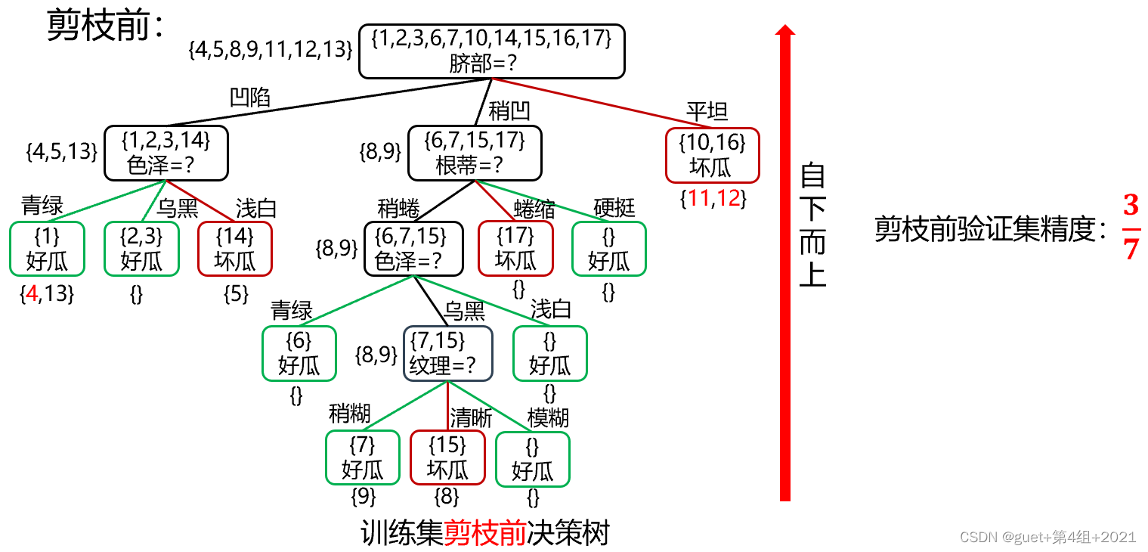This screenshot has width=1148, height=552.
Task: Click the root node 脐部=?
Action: click(x=491, y=51)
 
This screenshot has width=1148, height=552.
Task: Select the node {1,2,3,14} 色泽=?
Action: click(x=166, y=153)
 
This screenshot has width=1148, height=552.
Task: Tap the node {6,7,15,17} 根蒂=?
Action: click(x=475, y=153)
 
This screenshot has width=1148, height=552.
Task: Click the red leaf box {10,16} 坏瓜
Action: click(x=712, y=155)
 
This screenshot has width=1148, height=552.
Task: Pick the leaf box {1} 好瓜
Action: click(x=47, y=249)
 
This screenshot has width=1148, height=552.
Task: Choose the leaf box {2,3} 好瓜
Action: click(x=141, y=249)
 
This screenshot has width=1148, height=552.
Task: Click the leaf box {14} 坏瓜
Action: click(x=234, y=249)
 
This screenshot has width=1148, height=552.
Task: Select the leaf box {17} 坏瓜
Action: click(x=515, y=249)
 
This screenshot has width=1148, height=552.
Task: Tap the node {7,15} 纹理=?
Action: click(x=448, y=353)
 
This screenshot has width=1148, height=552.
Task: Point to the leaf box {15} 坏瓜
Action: click(x=447, y=457)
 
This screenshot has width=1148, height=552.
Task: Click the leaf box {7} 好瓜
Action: click(x=363, y=457)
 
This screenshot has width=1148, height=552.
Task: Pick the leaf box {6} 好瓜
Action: click(x=299, y=353)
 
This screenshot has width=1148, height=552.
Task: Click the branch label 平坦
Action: click(x=707, y=112)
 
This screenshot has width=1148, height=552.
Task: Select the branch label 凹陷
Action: click(x=249, y=98)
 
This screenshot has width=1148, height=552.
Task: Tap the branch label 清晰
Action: click(x=471, y=417)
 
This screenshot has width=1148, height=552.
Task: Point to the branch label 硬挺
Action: click(x=614, y=207)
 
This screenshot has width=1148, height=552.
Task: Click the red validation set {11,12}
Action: click(x=713, y=200)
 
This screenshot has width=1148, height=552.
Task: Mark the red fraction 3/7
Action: click(x=1131, y=227)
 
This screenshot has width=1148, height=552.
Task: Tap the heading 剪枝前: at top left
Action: click(x=106, y=28)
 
